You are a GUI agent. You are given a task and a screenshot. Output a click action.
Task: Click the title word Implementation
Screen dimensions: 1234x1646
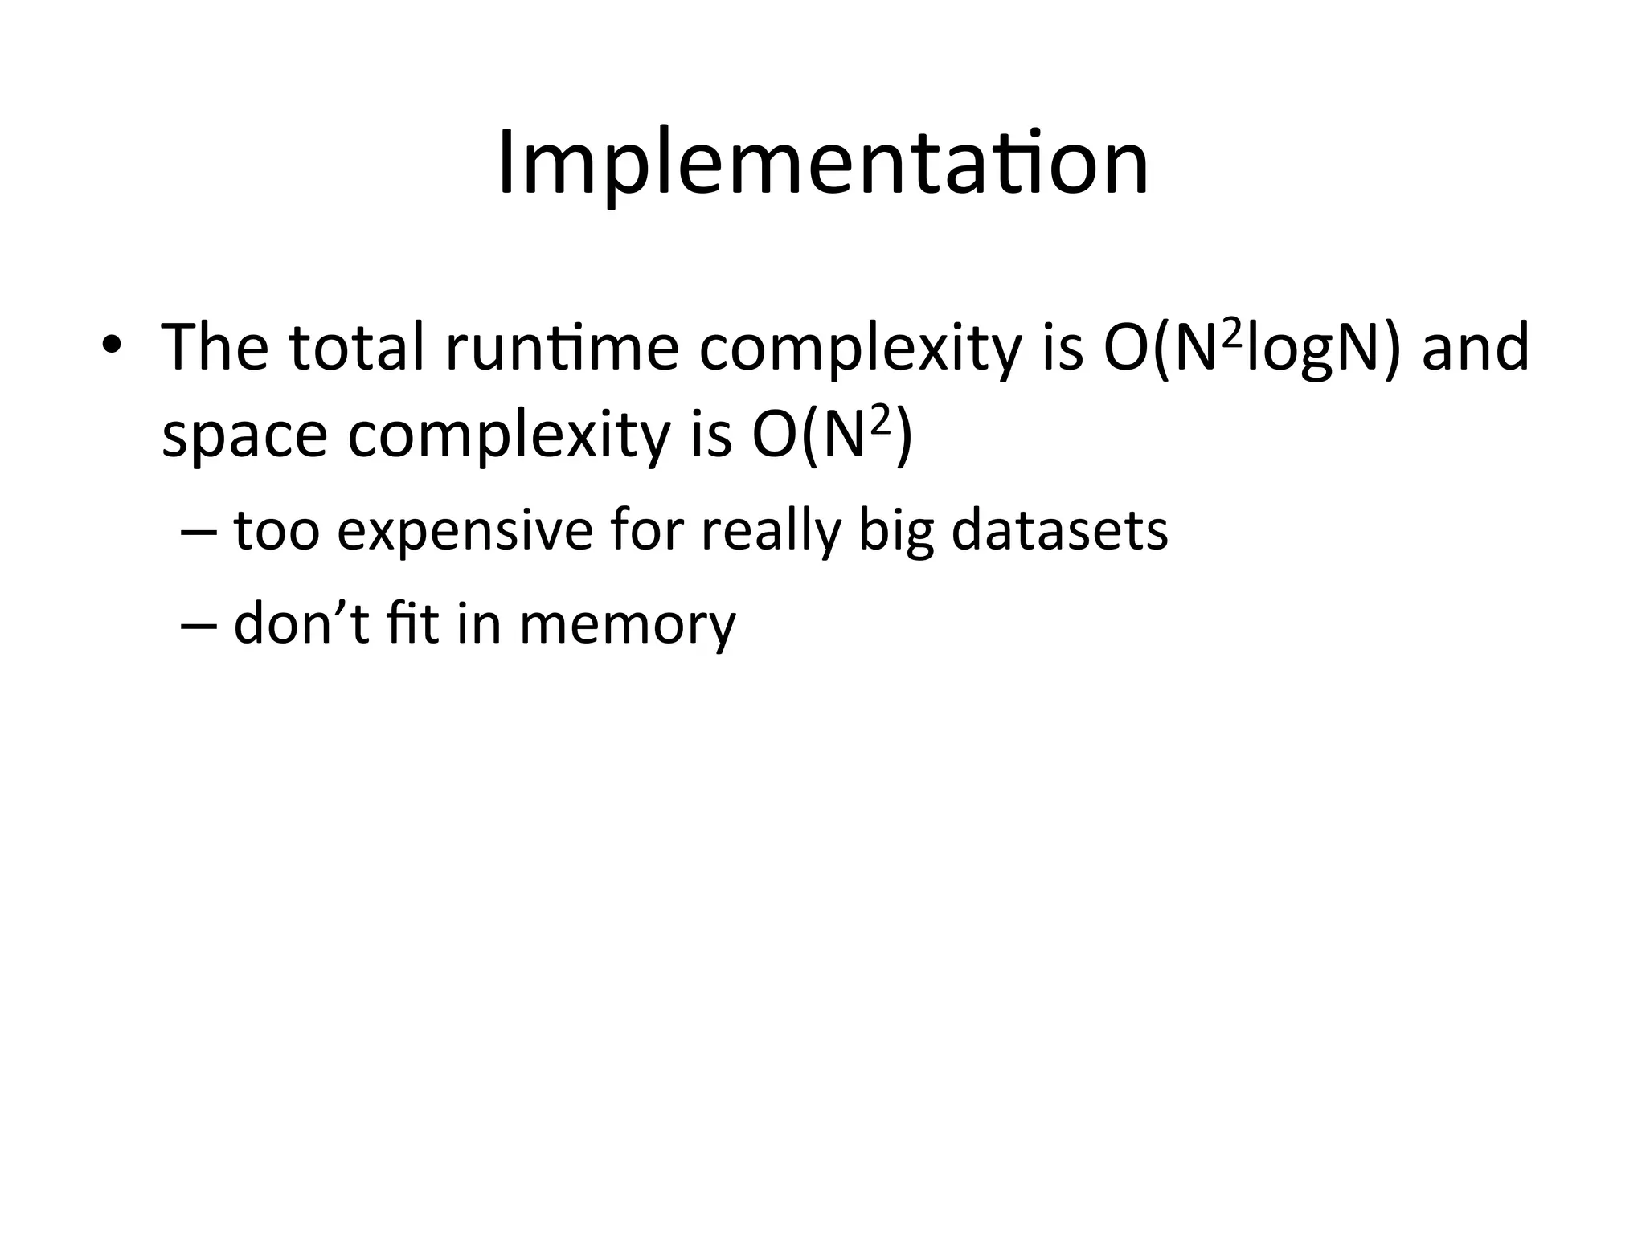(x=823, y=165)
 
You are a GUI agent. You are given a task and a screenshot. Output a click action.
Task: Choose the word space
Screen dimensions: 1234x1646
(x=244, y=438)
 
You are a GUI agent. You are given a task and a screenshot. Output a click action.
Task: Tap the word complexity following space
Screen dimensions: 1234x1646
(x=508, y=438)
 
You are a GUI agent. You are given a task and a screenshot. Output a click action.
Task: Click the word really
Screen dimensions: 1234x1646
(x=770, y=532)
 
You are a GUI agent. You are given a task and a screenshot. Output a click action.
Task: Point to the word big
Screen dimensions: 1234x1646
(x=896, y=532)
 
